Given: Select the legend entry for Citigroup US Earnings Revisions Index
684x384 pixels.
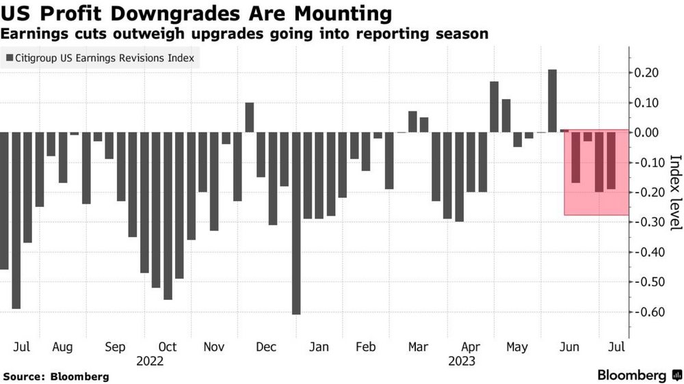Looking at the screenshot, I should click(99, 59).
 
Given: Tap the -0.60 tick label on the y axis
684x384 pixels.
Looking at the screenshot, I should click(647, 312).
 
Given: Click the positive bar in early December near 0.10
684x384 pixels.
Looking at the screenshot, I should click(250, 117).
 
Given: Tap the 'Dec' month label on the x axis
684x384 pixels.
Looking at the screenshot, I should click(266, 347).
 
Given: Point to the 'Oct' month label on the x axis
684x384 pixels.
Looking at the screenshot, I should click(168, 347).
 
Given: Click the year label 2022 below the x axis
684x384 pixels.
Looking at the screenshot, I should click(150, 361).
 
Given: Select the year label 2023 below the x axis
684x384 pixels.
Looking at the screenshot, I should click(462, 361).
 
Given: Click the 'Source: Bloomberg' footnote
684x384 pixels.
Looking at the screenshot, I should click(56, 376).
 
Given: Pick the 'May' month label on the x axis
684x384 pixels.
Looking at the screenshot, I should click(516, 347).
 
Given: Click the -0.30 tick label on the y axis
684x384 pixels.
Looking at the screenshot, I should click(647, 223).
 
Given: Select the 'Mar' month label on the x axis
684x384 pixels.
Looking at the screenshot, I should click(418, 347).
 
